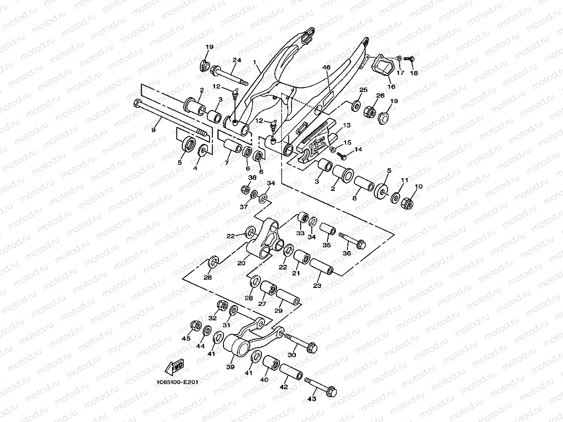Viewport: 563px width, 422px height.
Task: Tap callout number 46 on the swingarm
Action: [327, 68]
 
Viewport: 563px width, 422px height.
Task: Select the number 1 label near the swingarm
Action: [254, 62]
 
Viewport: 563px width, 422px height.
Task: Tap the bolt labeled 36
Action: [353, 240]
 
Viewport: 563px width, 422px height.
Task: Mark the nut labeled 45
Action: [195, 326]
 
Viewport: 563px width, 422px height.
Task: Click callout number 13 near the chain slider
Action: [346, 126]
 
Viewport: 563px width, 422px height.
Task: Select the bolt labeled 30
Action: [301, 342]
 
